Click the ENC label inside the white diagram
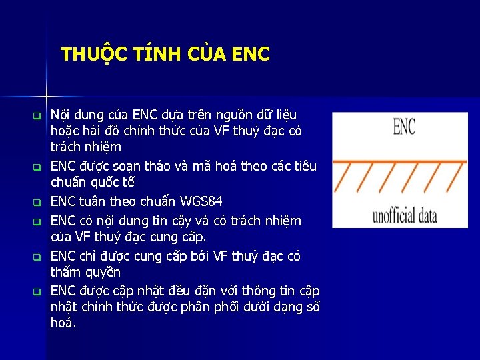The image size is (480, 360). point(404,127)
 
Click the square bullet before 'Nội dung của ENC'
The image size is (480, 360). point(38,115)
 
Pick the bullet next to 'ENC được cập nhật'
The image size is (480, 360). point(38,291)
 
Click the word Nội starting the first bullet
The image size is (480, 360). point(62,115)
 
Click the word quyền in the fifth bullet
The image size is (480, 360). point(101,272)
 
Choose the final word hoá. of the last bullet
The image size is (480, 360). point(63,323)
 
